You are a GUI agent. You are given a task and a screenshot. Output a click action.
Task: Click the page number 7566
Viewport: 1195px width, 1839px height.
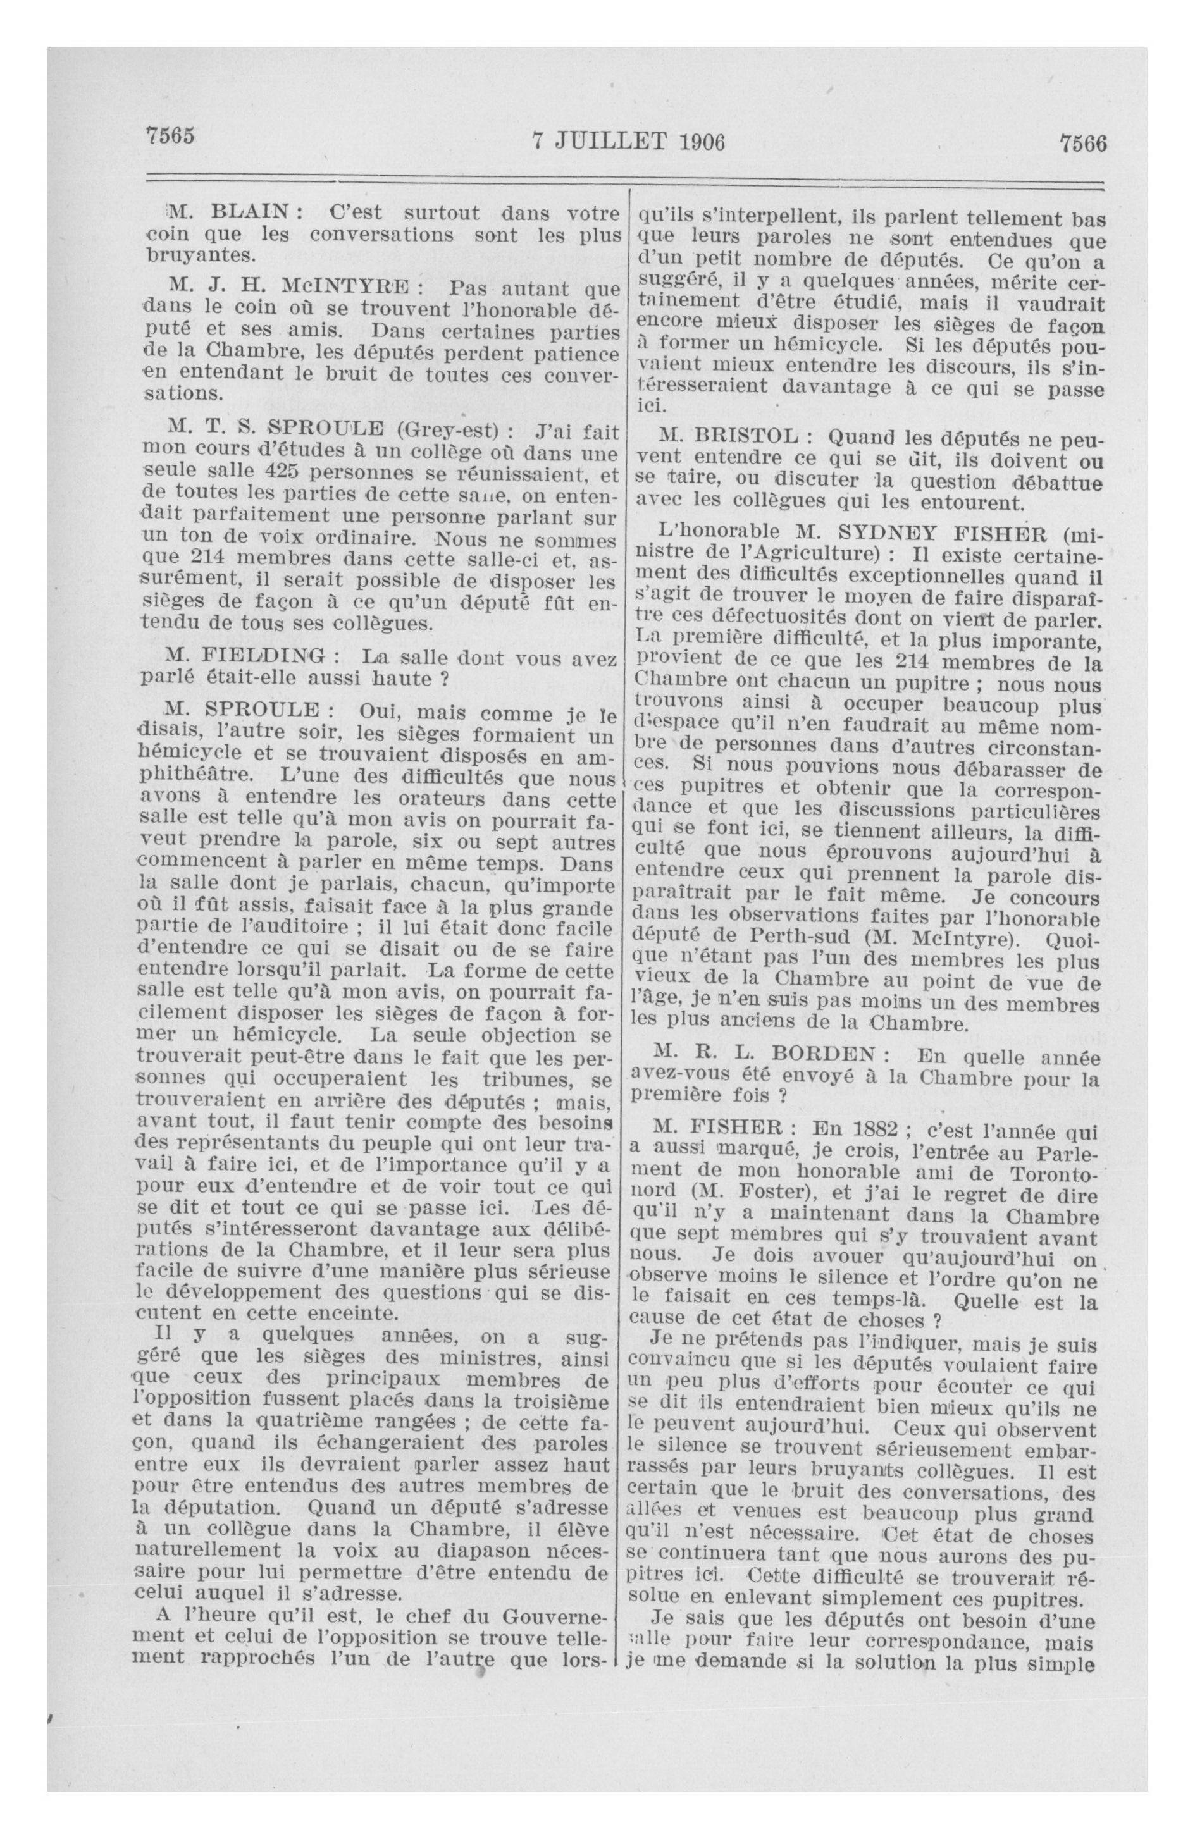coord(1084,144)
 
